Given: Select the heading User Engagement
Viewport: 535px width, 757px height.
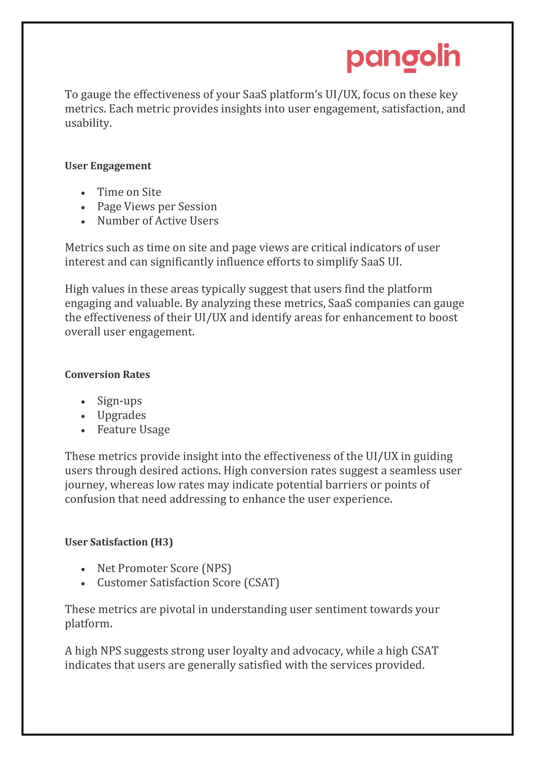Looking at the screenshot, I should pyautogui.click(x=108, y=166).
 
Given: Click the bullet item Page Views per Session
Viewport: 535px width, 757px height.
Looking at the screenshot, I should pyautogui.click(x=157, y=206).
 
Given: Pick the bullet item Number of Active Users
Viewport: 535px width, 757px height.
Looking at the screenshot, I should pyautogui.click(x=158, y=221).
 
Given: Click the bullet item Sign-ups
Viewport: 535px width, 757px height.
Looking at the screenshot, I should pyautogui.click(x=119, y=401).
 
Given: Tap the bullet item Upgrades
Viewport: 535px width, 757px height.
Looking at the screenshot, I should pyautogui.click(x=121, y=415).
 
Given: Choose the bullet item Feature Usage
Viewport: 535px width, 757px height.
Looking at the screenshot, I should pyautogui.click(x=133, y=430).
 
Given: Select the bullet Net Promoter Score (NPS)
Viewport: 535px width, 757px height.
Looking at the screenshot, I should pyautogui.click(x=164, y=568).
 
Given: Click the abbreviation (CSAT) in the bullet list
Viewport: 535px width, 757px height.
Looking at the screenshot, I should pyautogui.click(x=261, y=583).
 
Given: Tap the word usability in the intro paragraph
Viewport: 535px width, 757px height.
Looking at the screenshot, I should pyautogui.click(x=88, y=123).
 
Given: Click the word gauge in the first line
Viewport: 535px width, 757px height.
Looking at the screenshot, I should pyautogui.click(x=96, y=95).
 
